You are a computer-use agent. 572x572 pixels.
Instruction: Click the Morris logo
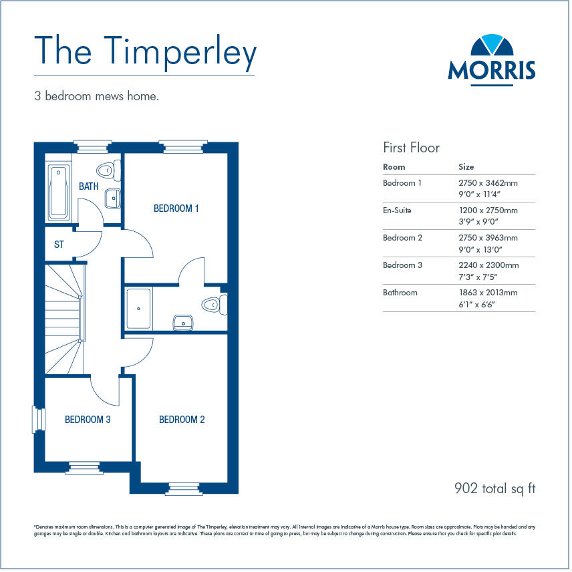(x=491, y=57)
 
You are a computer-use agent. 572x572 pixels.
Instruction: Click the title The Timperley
(x=145, y=52)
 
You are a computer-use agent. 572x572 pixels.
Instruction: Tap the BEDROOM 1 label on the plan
(x=176, y=208)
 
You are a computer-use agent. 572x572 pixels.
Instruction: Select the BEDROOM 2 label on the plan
(x=182, y=420)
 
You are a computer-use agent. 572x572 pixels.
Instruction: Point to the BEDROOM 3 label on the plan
(x=88, y=420)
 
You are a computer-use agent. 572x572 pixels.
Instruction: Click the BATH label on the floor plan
(x=89, y=186)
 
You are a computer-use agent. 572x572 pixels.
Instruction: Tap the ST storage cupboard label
(x=59, y=245)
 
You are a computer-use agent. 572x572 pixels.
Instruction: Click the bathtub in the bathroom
(x=59, y=191)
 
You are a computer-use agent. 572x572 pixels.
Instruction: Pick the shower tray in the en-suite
(x=139, y=308)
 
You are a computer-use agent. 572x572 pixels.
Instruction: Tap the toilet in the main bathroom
(x=108, y=170)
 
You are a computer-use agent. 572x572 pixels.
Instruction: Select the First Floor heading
(x=411, y=148)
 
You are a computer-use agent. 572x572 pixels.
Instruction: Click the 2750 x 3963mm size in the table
(x=488, y=238)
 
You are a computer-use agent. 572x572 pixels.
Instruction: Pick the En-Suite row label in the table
(x=397, y=210)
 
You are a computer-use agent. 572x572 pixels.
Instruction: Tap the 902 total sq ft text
(x=494, y=489)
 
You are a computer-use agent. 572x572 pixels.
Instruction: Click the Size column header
(x=466, y=167)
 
